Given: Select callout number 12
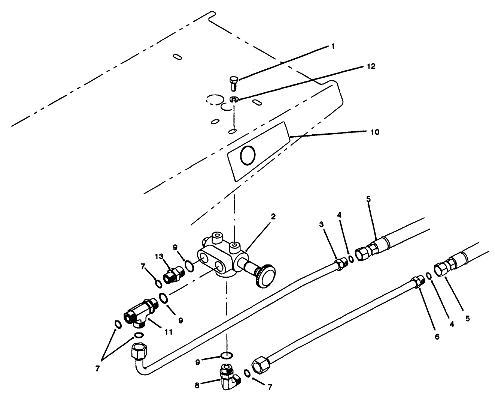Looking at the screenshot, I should coord(371,66).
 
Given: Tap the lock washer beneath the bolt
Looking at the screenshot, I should coord(234,99).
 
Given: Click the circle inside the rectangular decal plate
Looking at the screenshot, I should coord(247,155).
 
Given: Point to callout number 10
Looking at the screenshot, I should coord(375,132).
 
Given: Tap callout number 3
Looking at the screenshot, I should coord(322,224).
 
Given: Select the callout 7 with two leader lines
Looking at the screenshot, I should coord(97,368).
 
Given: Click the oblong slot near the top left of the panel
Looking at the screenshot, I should coord(177,57).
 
